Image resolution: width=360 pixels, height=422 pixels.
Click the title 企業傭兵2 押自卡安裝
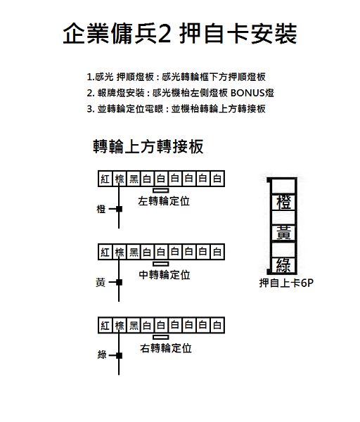pyautogui.click(x=180, y=33)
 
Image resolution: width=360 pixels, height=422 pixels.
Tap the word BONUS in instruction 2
pyautogui.click(x=247, y=93)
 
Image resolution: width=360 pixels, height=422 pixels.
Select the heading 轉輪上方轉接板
pyautogui.click(x=148, y=146)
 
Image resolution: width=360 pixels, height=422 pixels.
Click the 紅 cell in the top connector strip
pyautogui.click(x=105, y=179)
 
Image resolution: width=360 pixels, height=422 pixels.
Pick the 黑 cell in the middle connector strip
pyautogui.click(x=134, y=252)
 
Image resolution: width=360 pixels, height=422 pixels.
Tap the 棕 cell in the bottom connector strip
pyautogui.click(x=120, y=326)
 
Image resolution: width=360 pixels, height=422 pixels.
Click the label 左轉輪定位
pyautogui.click(x=164, y=201)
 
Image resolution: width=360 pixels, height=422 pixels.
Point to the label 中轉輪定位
pyautogui.click(x=165, y=275)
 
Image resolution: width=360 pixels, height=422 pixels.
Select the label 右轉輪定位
pyautogui.click(x=166, y=348)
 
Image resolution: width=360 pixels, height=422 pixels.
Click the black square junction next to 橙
pyautogui.click(x=120, y=209)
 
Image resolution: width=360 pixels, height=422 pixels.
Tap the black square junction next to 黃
pyautogui.click(x=120, y=282)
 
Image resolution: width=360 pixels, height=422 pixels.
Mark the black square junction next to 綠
pyautogui.click(x=120, y=355)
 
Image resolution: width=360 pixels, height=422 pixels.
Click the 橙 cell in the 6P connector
pyautogui.click(x=283, y=202)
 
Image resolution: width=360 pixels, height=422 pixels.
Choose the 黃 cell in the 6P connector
pyautogui.click(x=283, y=233)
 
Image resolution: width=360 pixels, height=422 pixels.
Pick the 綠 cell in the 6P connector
pyautogui.click(x=283, y=265)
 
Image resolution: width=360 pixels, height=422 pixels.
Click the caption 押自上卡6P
pyautogui.click(x=286, y=283)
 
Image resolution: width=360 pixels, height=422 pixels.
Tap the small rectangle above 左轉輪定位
pyautogui.click(x=161, y=191)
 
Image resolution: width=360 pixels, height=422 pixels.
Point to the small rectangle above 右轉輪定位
pyautogui.click(x=161, y=337)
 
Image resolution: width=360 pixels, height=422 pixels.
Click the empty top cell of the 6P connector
pyautogui.click(x=283, y=186)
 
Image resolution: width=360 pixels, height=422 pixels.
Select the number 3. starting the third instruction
pyautogui.click(x=91, y=109)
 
